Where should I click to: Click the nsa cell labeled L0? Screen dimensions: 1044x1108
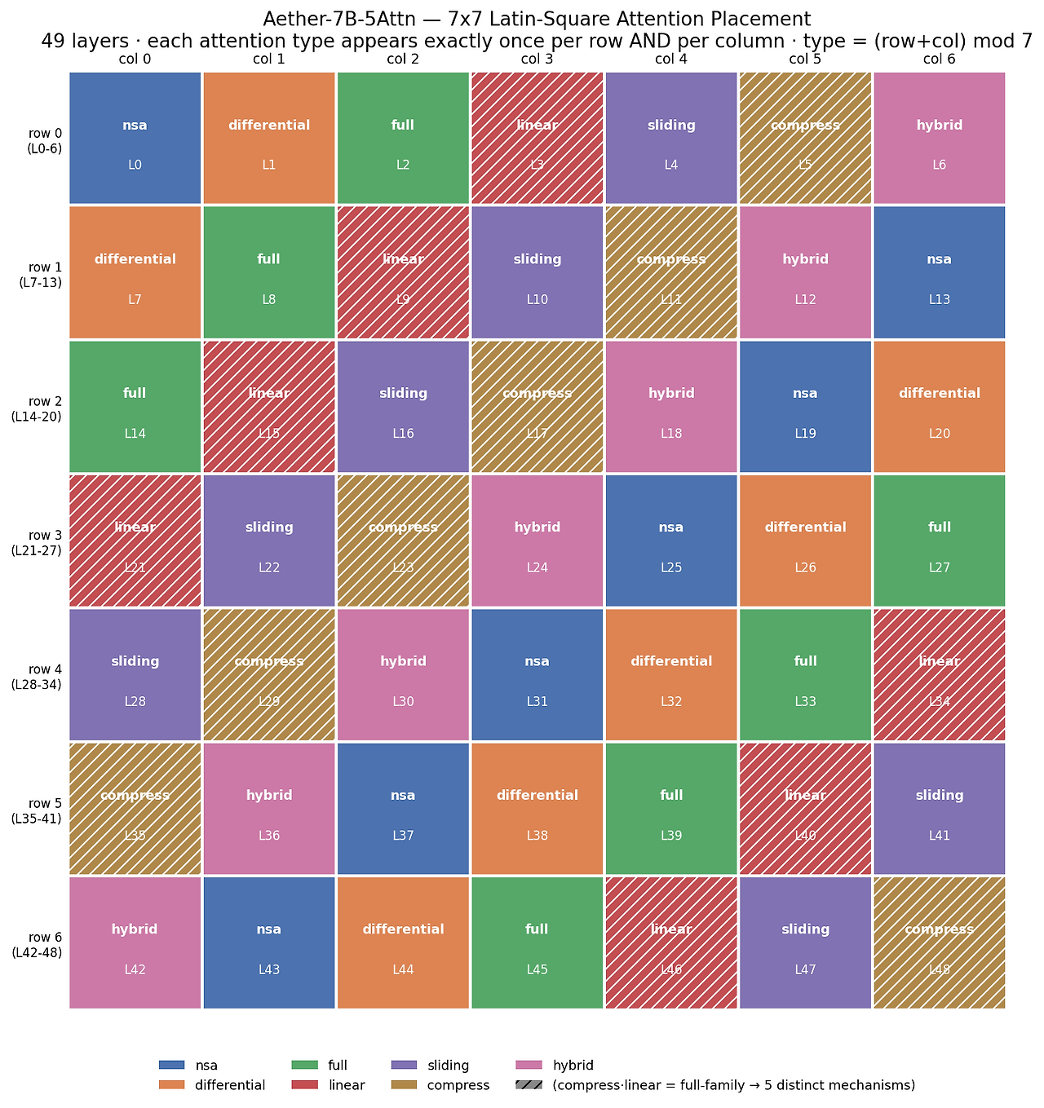[135, 138]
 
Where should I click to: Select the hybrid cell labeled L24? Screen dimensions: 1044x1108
[537, 540]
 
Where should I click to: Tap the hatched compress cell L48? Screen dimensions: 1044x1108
[939, 942]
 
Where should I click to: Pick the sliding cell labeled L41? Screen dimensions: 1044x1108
[939, 809]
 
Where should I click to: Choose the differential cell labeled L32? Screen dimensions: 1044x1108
[671, 674]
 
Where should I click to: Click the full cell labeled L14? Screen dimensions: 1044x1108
[135, 406]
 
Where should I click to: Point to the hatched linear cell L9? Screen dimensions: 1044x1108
[403, 272]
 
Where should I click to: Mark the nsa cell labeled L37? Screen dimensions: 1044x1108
[403, 809]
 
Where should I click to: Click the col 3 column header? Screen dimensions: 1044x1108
[537, 60]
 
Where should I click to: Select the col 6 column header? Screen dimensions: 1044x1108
[939, 60]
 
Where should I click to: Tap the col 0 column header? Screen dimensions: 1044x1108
[135, 60]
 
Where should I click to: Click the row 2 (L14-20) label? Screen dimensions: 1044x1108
[36, 409]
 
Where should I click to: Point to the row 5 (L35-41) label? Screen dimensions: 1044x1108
[36, 810]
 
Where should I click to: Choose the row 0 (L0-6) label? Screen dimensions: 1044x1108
[45, 140]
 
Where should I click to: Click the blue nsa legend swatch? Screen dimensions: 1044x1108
[171, 1065]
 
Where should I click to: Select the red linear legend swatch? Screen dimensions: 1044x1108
[304, 1084]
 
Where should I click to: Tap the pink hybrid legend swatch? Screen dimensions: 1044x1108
[529, 1065]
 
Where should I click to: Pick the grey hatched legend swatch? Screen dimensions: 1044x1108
[529, 1084]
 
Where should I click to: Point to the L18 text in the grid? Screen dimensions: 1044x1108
[671, 434]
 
